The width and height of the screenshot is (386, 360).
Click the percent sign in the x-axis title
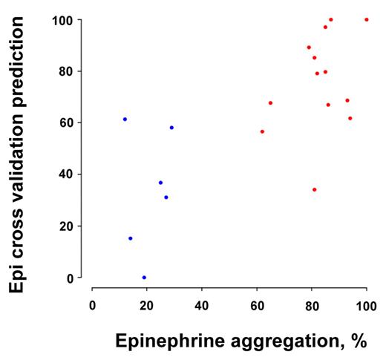tap(361, 341)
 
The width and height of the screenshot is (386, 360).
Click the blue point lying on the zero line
tap(144, 278)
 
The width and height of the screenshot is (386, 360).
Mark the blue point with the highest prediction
tap(125, 120)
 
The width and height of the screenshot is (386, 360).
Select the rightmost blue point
tap(171, 128)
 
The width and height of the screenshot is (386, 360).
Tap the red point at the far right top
tap(366, 20)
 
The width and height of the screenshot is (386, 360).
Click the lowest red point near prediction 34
tap(314, 189)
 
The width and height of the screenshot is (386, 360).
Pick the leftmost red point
tap(262, 131)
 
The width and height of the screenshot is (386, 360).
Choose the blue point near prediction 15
tap(131, 238)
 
